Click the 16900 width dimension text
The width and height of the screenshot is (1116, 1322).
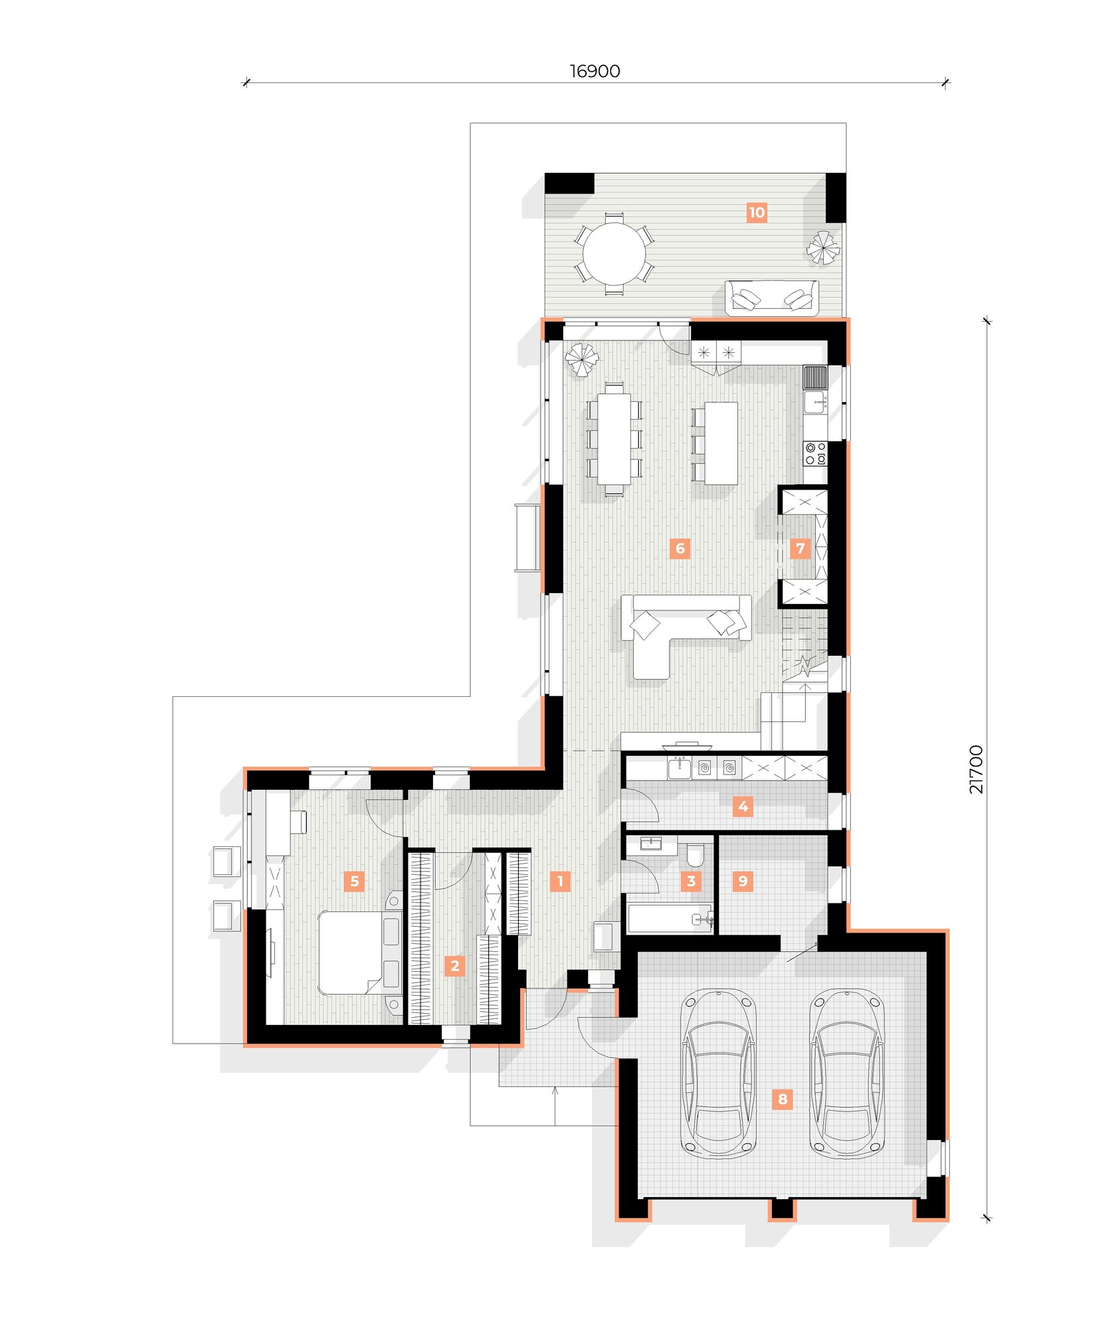coord(595,71)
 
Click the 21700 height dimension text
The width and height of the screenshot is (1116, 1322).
coord(975,769)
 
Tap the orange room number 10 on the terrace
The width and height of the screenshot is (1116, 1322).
coord(757,213)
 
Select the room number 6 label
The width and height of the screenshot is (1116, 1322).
coord(680,548)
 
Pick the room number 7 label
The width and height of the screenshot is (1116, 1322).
coord(800,548)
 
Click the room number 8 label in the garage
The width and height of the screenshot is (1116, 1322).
coord(783,1099)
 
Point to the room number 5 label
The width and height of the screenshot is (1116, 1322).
coord(354,881)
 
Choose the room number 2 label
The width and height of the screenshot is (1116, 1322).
coord(454,965)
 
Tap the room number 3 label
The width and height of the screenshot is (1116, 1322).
coord(691,881)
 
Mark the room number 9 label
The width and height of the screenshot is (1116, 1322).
coord(743,881)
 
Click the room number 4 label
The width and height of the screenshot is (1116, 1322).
coord(743,806)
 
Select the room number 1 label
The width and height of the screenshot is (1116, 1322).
coord(560,881)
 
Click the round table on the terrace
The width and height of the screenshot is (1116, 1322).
coord(614,254)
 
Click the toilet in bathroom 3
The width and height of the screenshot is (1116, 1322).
coord(695,855)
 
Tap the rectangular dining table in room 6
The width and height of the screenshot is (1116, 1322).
coord(614,439)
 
